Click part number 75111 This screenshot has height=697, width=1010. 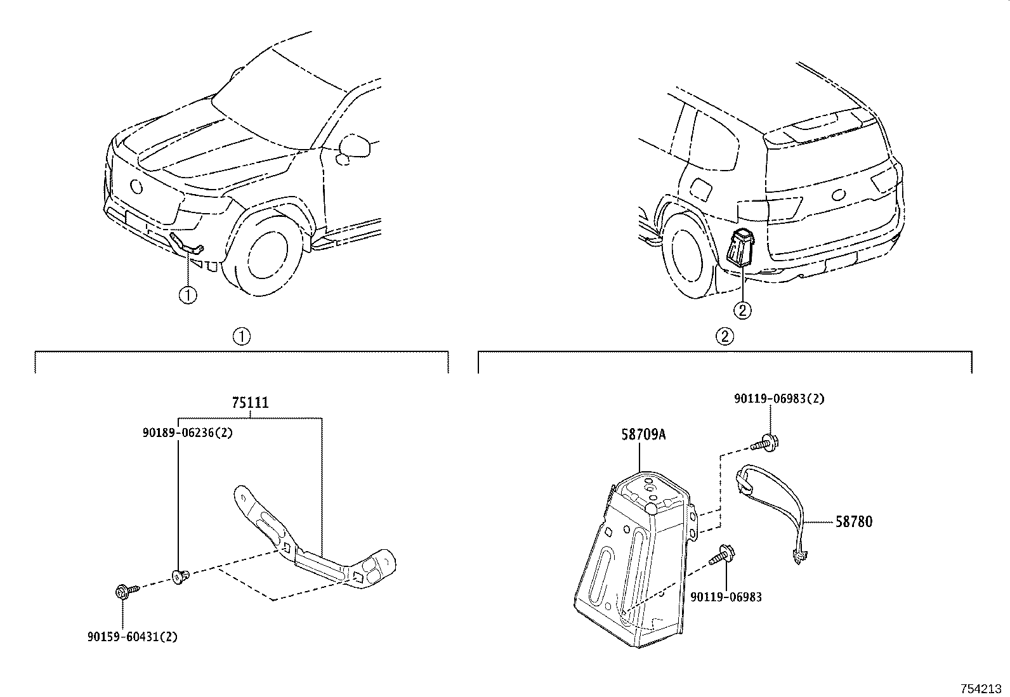(x=250, y=403)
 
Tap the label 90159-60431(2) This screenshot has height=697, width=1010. (x=132, y=636)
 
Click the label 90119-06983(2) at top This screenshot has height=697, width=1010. (x=779, y=399)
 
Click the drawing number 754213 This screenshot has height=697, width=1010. (x=982, y=689)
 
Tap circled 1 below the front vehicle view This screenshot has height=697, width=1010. (x=188, y=294)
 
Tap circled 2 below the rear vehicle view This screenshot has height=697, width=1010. (x=742, y=310)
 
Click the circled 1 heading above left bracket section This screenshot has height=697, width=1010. (x=242, y=336)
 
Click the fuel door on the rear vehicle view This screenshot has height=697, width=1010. (x=701, y=188)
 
